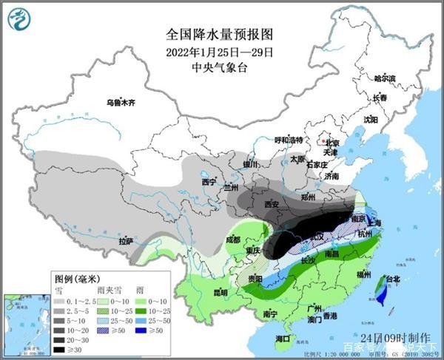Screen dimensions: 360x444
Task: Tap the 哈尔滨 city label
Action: click(385, 78)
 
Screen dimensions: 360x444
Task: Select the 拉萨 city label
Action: click(126, 241)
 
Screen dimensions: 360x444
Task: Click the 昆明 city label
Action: click(200, 292)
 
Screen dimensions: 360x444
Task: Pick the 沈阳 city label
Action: click(370, 118)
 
